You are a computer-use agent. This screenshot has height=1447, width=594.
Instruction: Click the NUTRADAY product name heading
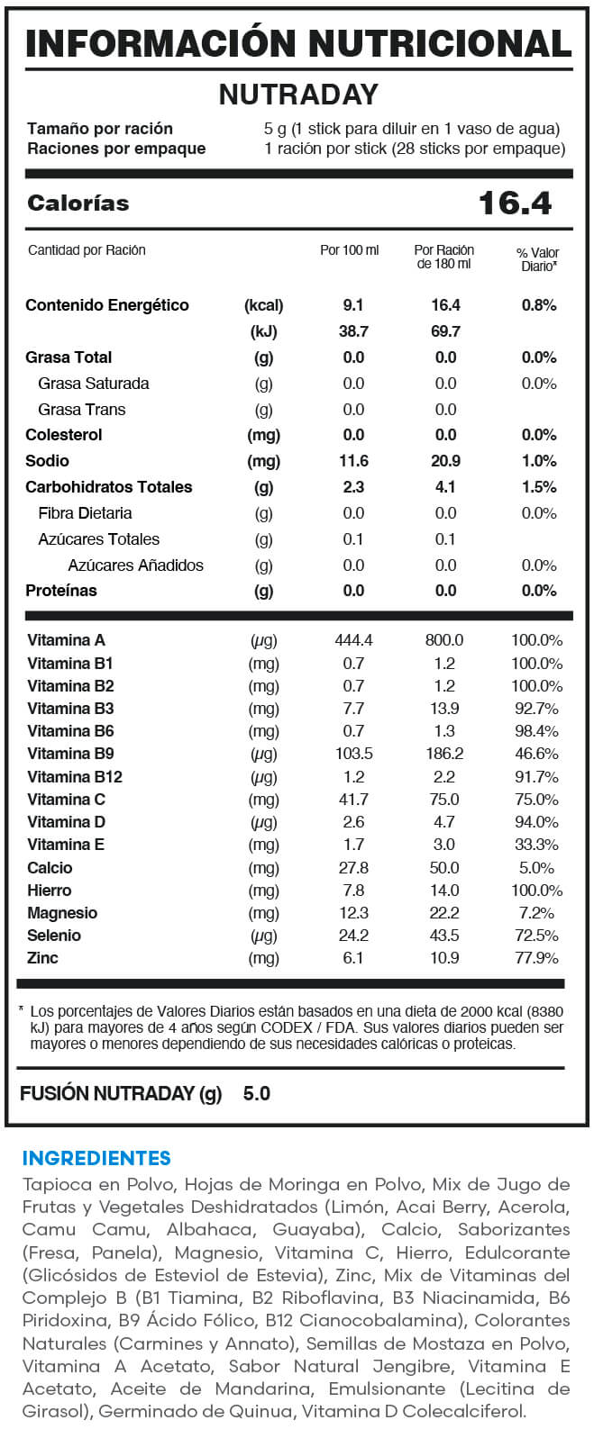[x=298, y=95]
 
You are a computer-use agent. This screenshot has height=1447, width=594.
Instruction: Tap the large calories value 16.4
[x=515, y=203]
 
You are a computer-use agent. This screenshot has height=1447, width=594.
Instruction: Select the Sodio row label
[x=47, y=461]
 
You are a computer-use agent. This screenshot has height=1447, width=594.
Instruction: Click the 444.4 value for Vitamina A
[x=353, y=640]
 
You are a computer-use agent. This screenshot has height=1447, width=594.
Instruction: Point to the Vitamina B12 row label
[x=75, y=776]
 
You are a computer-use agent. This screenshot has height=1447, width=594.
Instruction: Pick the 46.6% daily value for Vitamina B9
[x=537, y=754]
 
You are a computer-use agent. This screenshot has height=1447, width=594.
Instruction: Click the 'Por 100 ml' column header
[x=350, y=250]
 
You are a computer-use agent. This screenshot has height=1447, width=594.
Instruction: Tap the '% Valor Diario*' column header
[x=537, y=259]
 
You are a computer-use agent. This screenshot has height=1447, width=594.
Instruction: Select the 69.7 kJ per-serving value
[x=445, y=331]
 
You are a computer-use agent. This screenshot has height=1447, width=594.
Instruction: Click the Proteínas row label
[x=61, y=591]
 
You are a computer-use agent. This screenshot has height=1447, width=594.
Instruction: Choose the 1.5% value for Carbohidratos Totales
[x=539, y=487]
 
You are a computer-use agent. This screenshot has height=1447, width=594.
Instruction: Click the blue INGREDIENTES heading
[x=96, y=1158]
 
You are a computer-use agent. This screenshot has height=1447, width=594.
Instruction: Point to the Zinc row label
[x=42, y=957]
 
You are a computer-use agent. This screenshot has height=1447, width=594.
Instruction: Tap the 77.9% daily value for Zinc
[x=537, y=958]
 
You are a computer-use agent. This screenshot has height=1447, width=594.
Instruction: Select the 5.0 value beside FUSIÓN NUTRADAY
[x=257, y=1094]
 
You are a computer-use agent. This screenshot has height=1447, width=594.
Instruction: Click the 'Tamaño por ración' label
[x=100, y=129]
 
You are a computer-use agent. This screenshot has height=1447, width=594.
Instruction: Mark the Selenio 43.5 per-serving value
[x=444, y=936]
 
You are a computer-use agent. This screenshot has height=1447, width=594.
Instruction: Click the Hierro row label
[x=49, y=890]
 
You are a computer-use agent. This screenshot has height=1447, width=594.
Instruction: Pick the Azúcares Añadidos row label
[x=135, y=565]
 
